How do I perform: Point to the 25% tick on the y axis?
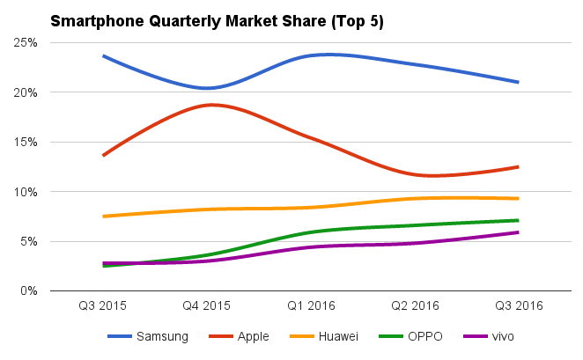tap(24, 42)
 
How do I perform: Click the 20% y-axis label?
tap(24, 92)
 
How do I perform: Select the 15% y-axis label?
tap(24, 142)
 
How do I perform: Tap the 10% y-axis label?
tap(24, 192)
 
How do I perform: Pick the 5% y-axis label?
tap(26, 241)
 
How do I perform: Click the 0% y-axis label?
tap(26, 290)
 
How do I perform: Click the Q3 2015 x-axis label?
tap(103, 306)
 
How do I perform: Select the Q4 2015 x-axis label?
tap(207, 306)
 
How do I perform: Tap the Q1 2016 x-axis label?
tap(310, 306)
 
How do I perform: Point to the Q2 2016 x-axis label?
tap(414, 306)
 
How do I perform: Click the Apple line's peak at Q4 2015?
tap(211, 105)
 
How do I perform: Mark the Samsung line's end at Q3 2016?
tap(518, 82)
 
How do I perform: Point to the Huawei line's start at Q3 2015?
tap(104, 216)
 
